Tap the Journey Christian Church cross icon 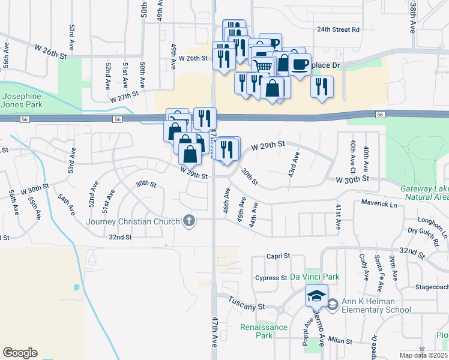pyautogui.click(x=189, y=221)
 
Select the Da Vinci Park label pyautogui.click(x=315, y=277)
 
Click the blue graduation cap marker pyautogui.click(x=316, y=296)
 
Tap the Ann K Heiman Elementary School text pyautogui.click(x=376, y=305)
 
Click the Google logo pyautogui.click(x=20, y=353)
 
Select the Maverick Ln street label pyautogui.click(x=379, y=205)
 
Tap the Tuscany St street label pyautogui.click(x=244, y=306)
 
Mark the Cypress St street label pyautogui.click(x=271, y=278)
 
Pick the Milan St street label pyautogui.click(x=340, y=340)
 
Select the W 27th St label pyautogui.click(x=124, y=96)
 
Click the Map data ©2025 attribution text pyautogui.click(x=424, y=355)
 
